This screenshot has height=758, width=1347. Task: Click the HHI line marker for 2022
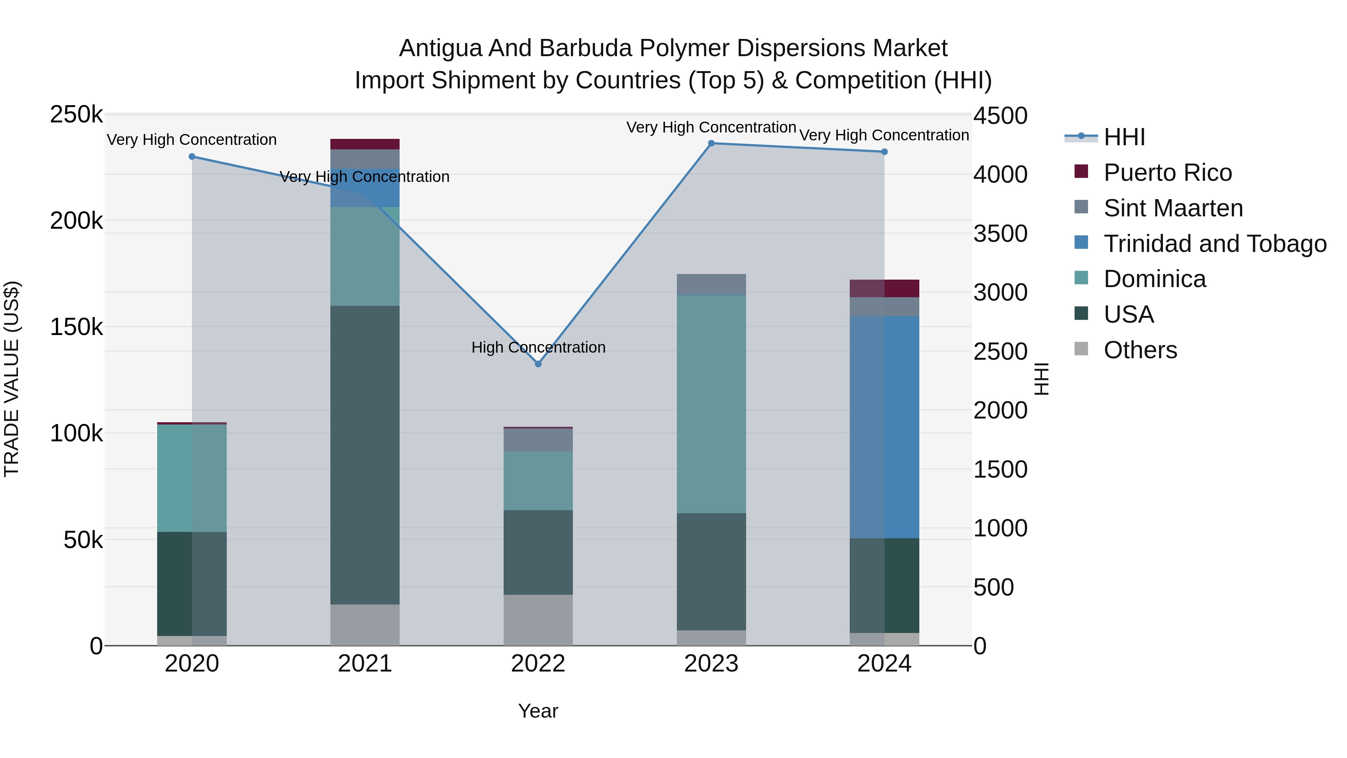click(538, 363)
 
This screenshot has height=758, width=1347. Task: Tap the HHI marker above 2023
click(711, 143)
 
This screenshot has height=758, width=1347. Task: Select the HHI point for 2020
click(192, 156)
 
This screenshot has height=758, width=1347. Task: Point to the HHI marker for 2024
click(884, 152)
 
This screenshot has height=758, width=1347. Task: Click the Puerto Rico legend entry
click(1167, 173)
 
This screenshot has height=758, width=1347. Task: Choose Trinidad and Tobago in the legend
click(1214, 244)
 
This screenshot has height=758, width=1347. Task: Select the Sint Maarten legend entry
click(1173, 208)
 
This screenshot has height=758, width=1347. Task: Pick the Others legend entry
click(1140, 350)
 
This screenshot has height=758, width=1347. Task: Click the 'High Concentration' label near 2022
click(538, 347)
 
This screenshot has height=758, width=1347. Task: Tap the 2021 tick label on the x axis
click(364, 664)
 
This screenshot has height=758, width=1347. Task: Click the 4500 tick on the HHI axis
click(1000, 116)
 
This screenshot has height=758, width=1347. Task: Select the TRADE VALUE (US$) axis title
click(12, 379)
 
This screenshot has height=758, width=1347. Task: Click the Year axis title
click(538, 711)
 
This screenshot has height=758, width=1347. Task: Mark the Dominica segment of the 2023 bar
click(711, 404)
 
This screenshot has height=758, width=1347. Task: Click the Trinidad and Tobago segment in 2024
click(884, 427)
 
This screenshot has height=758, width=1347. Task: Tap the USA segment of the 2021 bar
click(364, 455)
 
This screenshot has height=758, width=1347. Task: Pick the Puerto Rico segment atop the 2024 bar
click(884, 288)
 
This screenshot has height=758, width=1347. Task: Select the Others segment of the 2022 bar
click(538, 620)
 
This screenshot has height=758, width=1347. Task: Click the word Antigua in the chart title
click(440, 48)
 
